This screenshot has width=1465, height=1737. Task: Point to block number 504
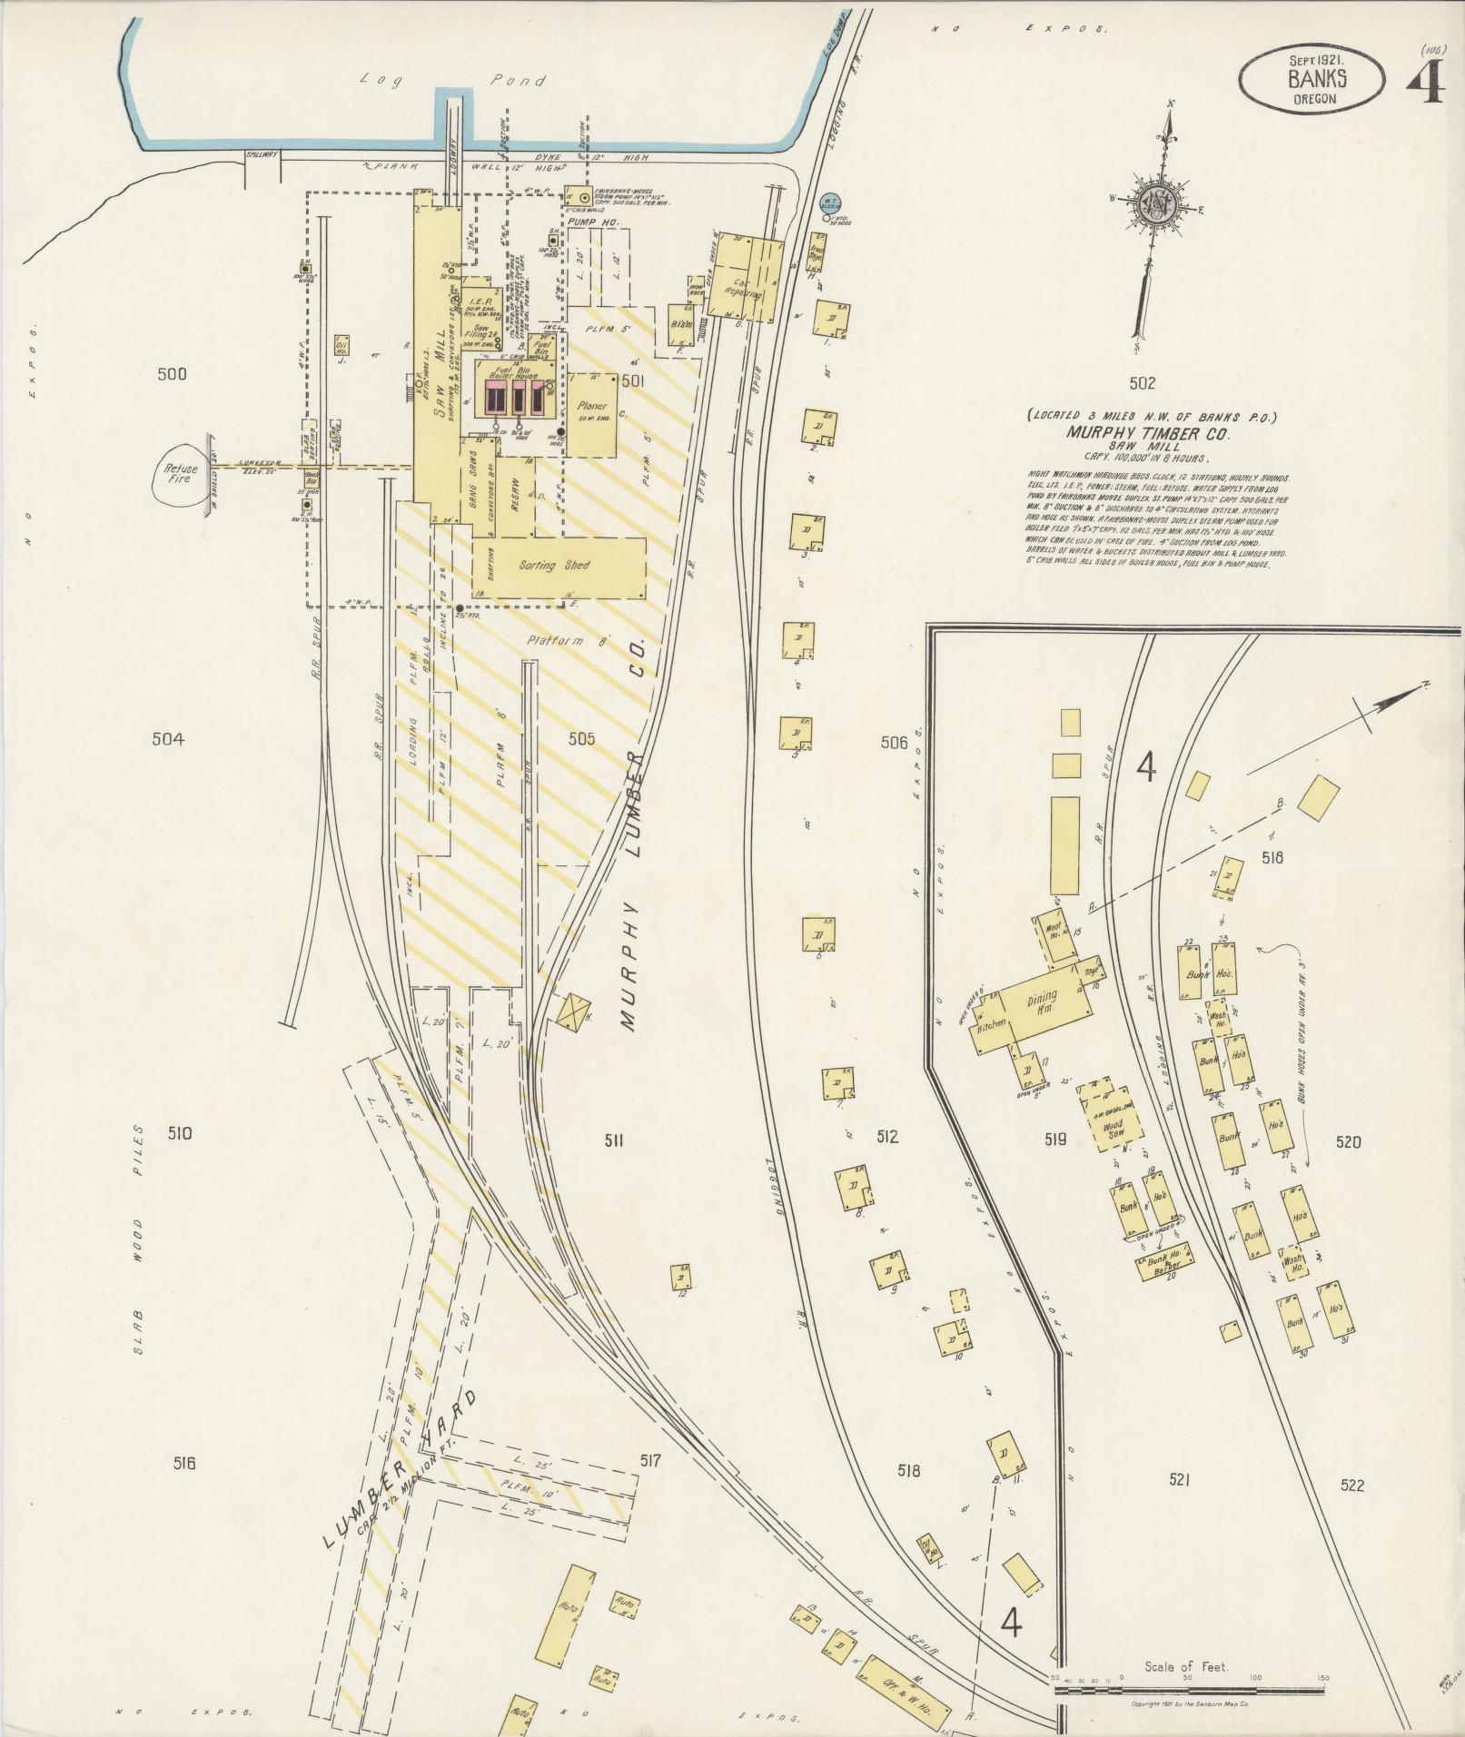click(168, 739)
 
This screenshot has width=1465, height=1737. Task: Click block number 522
click(1351, 1485)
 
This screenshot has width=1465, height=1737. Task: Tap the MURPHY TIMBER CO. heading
click(1153, 434)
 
